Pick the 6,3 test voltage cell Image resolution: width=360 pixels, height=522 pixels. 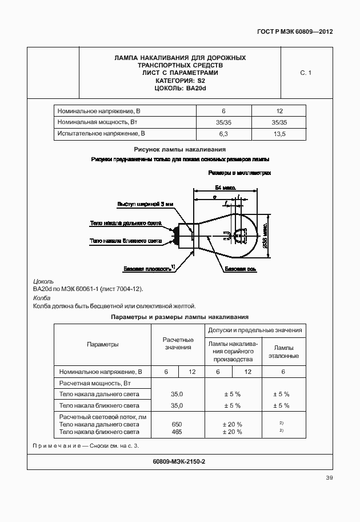(x=223, y=133)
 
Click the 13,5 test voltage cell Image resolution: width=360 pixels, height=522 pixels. (x=279, y=133)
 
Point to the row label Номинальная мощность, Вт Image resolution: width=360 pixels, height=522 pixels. (x=98, y=122)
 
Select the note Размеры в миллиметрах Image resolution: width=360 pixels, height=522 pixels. (x=239, y=172)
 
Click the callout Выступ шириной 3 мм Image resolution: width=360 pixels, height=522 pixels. (x=145, y=204)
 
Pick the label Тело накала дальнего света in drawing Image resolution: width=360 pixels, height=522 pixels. (x=126, y=224)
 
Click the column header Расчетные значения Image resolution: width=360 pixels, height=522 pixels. (x=179, y=344)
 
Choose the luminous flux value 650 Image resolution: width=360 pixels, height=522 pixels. (x=177, y=424)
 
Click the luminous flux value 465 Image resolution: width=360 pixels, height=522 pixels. (x=177, y=432)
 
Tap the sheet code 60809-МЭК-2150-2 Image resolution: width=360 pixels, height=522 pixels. (x=179, y=461)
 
